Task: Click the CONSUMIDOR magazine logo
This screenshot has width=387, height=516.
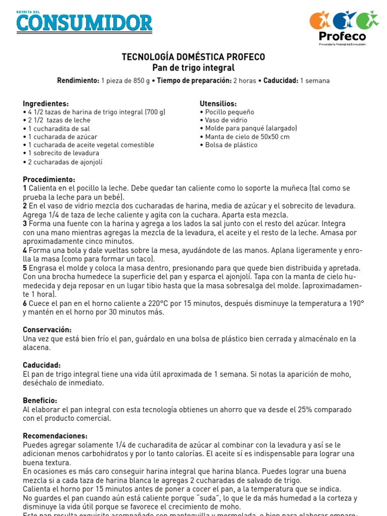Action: [x=84, y=22]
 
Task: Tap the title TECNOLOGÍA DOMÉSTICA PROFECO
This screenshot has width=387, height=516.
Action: [x=193, y=57]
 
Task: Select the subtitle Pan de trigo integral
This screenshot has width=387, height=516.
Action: [x=193, y=68]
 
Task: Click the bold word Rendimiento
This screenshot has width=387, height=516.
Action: [x=78, y=81]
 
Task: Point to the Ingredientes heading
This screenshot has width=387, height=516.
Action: [x=46, y=104]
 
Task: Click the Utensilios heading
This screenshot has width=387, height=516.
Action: [x=218, y=104]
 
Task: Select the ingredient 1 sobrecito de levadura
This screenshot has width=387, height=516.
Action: [x=63, y=153]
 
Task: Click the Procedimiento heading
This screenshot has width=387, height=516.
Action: [x=49, y=179]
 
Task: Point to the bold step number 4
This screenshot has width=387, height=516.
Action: [x=25, y=250]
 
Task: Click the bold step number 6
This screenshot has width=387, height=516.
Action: [x=25, y=303]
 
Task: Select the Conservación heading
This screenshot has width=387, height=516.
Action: [x=47, y=330]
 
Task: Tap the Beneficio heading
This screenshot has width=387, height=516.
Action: [x=40, y=400]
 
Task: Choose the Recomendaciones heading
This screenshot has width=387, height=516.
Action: [x=55, y=435]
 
